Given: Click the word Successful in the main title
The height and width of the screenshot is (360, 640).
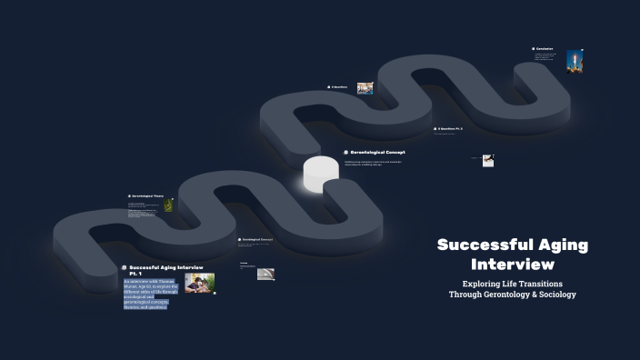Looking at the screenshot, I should tap(479, 245).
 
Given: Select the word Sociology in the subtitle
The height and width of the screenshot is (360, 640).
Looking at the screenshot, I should tap(555, 295).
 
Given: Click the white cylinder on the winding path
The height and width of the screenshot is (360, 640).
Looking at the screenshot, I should tap(320, 175).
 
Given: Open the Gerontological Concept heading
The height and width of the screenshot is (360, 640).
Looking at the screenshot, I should tap(378, 152).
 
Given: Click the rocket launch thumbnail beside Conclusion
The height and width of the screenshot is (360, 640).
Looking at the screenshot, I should tap(574, 61).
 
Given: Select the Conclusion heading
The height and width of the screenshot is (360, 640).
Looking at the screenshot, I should tap(545, 49).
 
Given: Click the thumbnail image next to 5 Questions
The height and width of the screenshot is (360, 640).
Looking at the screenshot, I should tap(365, 88).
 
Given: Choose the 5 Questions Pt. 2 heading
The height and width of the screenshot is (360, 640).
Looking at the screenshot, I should tap(451, 129).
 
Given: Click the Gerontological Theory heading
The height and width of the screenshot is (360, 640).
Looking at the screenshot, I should tap(147, 195).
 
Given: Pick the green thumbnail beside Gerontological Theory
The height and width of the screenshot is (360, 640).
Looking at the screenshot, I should tap(168, 206).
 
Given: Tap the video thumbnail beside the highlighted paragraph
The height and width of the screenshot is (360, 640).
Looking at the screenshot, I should tap(200, 283).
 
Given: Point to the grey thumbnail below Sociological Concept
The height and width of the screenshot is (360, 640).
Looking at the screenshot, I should tap(265, 273).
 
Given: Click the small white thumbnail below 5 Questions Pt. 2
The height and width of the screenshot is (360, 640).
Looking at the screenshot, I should tap(488, 160).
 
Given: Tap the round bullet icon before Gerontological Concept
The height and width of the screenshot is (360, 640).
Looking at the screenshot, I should tap(346, 152).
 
